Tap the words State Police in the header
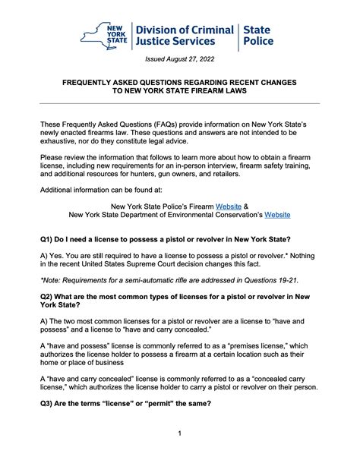pos(258,36)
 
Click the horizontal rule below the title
pos(180,103)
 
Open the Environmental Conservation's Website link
pos(276,215)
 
